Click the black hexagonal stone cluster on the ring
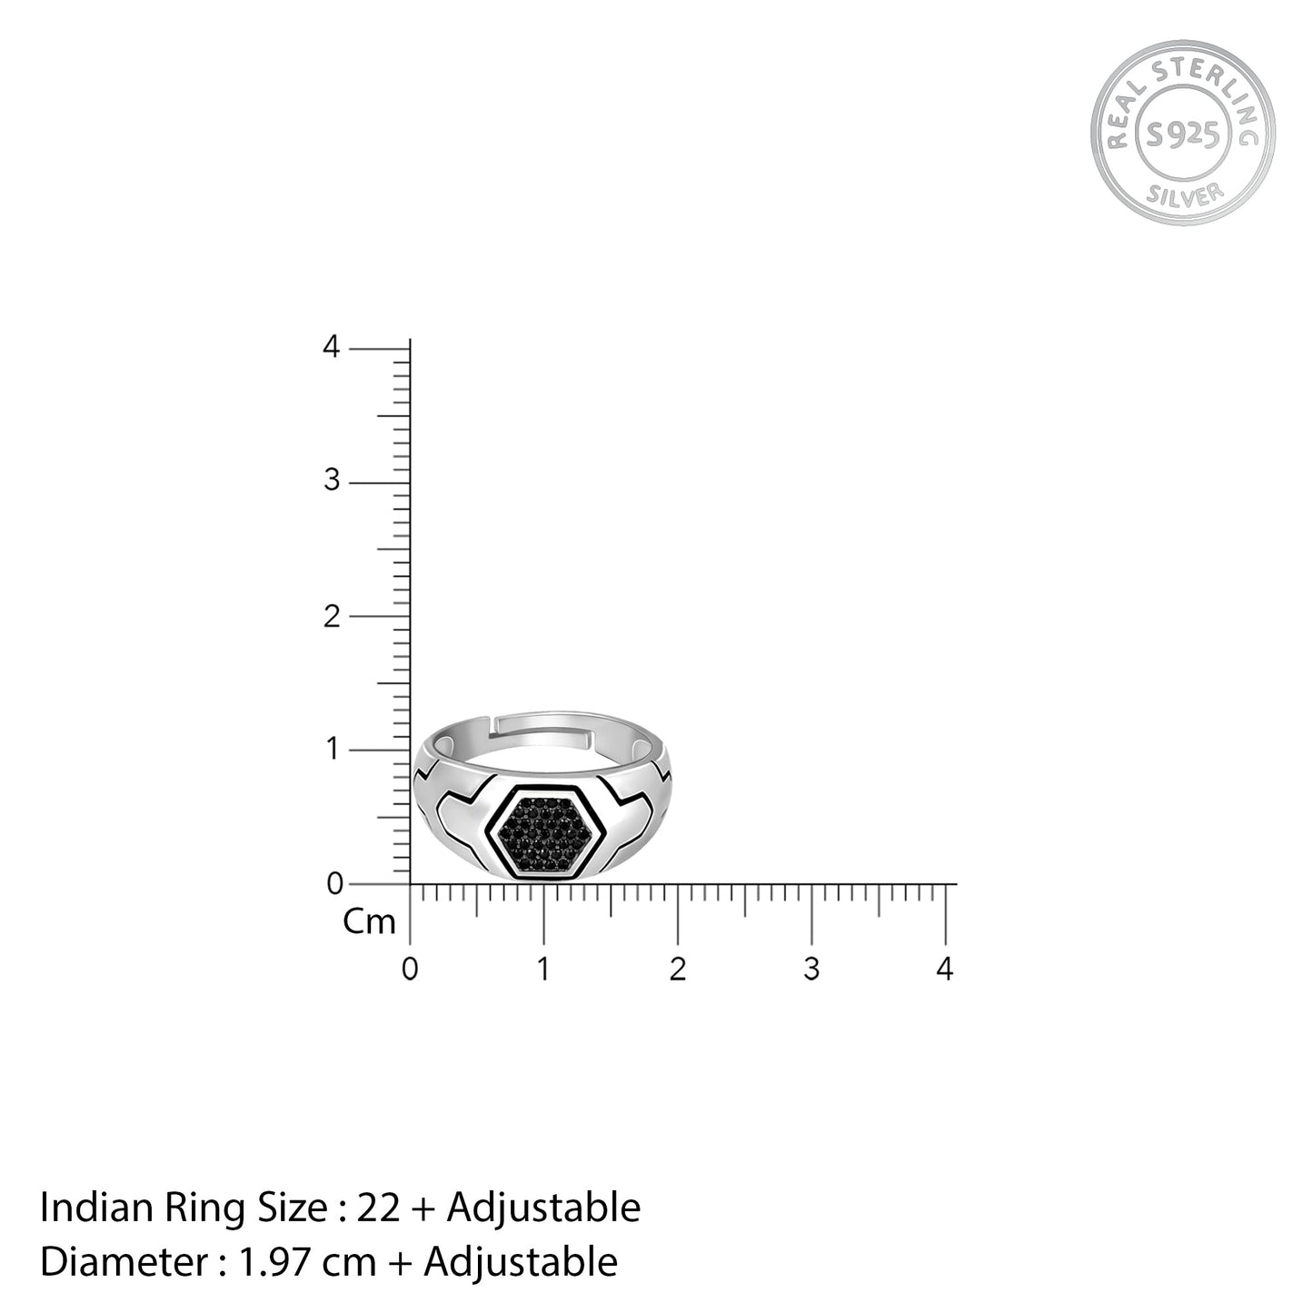(543, 832)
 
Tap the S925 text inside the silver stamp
(1183, 134)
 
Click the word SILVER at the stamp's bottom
(1185, 194)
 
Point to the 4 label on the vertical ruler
(331, 347)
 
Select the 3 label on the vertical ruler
(332, 481)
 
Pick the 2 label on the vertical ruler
(332, 617)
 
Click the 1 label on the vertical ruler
(333, 749)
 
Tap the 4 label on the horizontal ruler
(944, 969)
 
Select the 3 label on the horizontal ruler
(811, 969)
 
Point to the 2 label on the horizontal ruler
(677, 969)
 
